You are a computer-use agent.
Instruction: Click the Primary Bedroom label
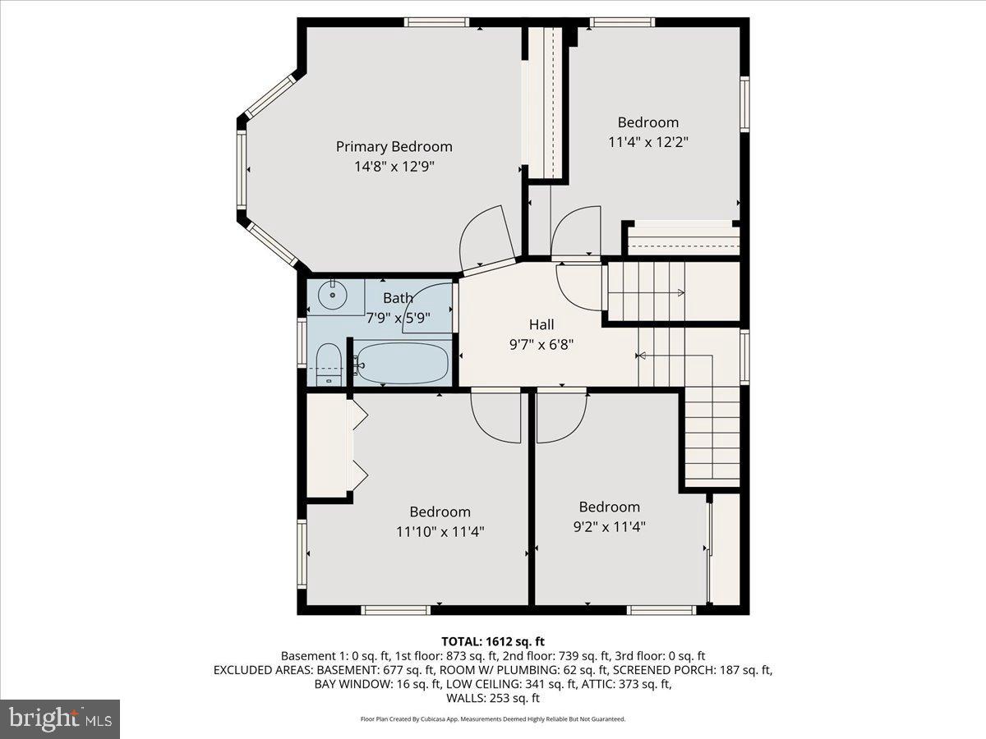coord(394,146)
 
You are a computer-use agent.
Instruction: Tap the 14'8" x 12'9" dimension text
coord(394,166)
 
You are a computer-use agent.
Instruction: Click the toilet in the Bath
coord(328,365)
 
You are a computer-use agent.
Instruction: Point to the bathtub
coord(403,362)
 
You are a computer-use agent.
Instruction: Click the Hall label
coord(541,325)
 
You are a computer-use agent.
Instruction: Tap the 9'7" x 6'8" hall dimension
coord(541,345)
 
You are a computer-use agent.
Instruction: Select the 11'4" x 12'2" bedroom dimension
coord(647,141)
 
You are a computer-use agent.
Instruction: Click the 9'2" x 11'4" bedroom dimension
coord(608,526)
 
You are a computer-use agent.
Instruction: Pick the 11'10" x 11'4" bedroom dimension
coord(440,531)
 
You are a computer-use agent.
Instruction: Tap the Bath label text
coord(398,297)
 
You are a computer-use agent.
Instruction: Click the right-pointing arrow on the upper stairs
coord(680,292)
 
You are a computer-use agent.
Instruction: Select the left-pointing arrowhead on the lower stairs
coord(641,356)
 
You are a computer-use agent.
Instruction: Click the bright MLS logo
coord(60,719)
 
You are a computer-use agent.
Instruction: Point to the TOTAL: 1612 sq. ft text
coord(493,641)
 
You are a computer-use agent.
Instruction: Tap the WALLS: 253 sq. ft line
coord(493,699)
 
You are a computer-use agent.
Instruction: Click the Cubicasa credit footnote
coord(493,718)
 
